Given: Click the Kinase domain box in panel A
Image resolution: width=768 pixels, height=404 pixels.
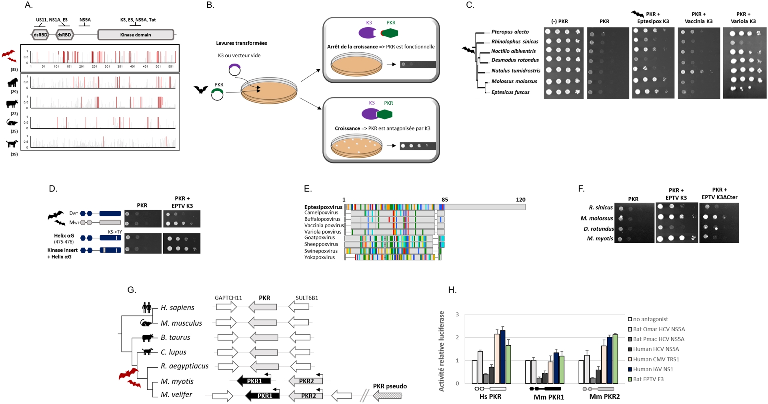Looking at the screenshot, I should tap(136, 35).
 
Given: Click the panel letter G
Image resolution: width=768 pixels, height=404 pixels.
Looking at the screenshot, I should tap(132, 290).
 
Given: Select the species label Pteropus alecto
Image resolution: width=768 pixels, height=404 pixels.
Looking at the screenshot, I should tap(510, 32).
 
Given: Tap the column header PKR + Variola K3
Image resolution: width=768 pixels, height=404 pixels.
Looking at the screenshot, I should tap(743, 18).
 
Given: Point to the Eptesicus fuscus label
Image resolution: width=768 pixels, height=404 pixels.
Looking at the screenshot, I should tap(510, 92).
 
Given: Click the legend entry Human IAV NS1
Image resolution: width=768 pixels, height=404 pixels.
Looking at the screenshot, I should tap(653, 369).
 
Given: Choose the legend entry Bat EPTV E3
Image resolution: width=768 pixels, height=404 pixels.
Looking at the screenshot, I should tap(648, 379).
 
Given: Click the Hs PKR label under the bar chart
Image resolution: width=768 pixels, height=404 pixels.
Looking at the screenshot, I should tap(490, 397).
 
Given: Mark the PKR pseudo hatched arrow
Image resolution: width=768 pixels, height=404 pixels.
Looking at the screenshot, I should tap(387, 396).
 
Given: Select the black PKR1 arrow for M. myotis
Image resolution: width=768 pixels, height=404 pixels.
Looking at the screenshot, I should tap(254, 381).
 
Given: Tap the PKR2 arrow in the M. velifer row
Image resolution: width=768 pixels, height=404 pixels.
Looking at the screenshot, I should tap(306, 396).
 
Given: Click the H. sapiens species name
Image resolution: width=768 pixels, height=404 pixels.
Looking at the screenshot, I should tap(177, 308).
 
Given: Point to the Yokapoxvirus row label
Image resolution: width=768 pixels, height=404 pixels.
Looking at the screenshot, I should tap(319, 258).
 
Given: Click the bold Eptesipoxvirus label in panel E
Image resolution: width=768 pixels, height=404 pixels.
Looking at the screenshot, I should tap(323, 207).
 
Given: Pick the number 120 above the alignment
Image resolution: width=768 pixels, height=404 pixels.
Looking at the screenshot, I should tap(520, 200).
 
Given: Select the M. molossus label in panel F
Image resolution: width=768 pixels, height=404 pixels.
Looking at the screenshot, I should tap(596, 218).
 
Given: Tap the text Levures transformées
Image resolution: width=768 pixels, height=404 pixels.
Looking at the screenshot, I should tap(241, 43).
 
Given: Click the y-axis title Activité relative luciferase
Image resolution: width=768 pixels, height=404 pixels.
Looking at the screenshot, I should tap(442, 351).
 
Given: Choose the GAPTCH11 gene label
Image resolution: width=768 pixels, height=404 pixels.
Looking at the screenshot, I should tap(228, 298).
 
